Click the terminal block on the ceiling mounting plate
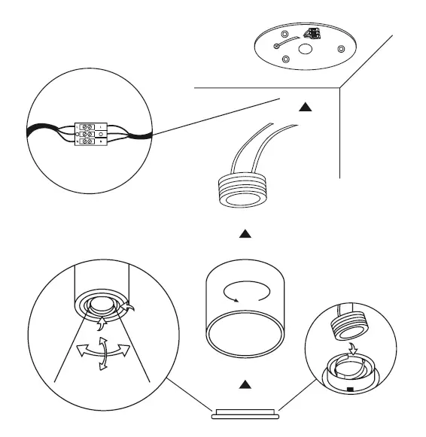(x=311, y=34)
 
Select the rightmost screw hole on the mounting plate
(x=341, y=50)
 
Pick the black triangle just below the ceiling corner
(x=305, y=108)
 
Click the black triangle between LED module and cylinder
(x=243, y=235)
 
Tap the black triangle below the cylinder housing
(x=243, y=385)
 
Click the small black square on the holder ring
(x=351, y=388)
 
